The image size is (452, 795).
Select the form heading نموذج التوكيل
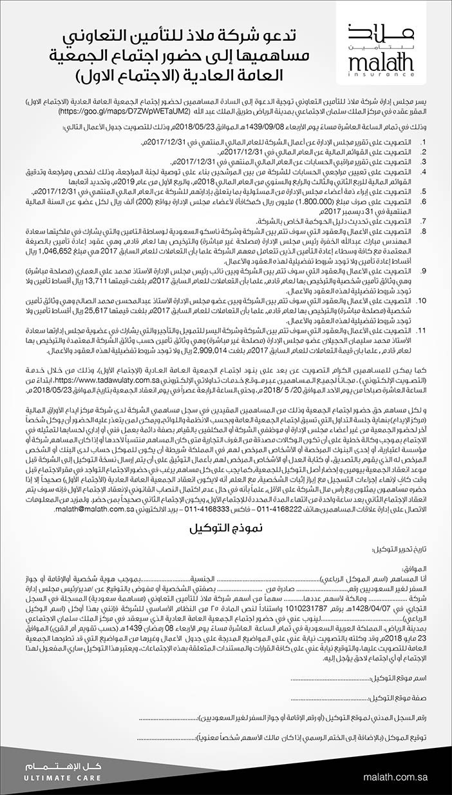coord(225,529)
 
